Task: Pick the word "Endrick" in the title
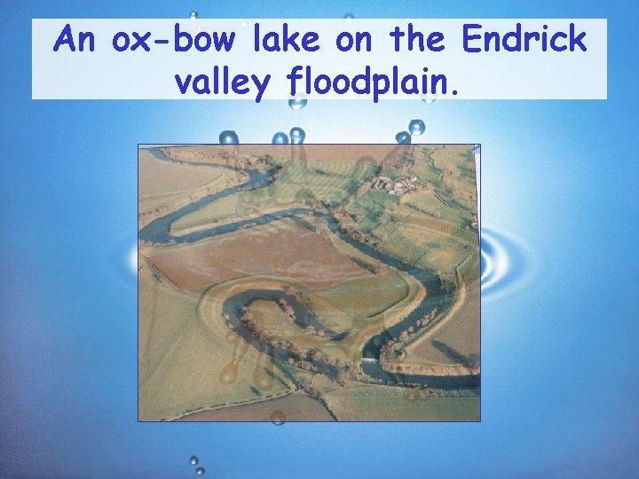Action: (525, 40)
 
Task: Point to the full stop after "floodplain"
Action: (456, 90)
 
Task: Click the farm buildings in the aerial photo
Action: (394, 185)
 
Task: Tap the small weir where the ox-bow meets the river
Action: (369, 362)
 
